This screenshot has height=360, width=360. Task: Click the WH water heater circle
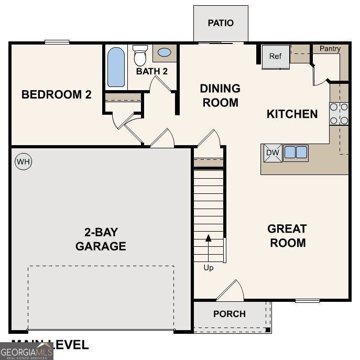tap(23, 162)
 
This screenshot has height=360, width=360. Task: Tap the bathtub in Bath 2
tap(116, 67)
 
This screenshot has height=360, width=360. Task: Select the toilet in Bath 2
tap(140, 54)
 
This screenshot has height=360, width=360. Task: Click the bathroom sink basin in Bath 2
tap(165, 53)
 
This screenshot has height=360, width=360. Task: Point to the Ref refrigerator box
tap(276, 57)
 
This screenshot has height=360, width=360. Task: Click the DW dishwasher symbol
tap(272, 152)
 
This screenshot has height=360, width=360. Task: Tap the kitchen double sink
tap(295, 152)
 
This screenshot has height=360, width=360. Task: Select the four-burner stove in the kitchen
tap(339, 114)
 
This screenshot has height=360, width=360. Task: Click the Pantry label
tap(330, 49)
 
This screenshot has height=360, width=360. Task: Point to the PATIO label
tap(221, 23)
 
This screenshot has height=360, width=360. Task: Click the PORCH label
tap(230, 314)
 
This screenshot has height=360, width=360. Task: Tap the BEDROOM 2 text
tap(57, 95)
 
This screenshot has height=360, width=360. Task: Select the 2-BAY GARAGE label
tap(101, 239)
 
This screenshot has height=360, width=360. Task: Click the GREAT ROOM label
tap(287, 236)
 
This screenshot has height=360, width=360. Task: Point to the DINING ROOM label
tap(220, 95)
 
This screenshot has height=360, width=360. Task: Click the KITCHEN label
tap(292, 114)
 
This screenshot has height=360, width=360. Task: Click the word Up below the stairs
tap(209, 268)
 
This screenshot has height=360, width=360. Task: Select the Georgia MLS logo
tap(26, 351)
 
